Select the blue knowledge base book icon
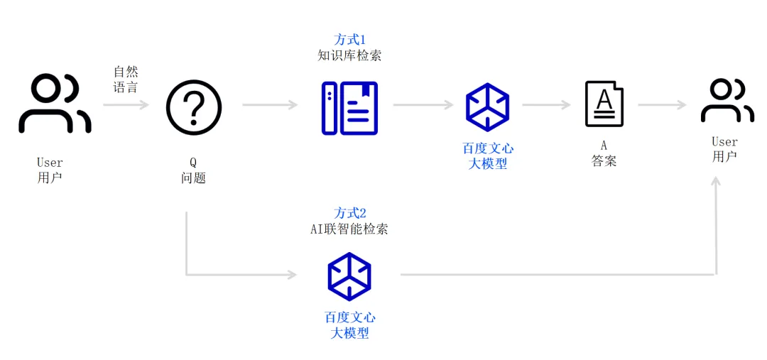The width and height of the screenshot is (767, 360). (x=349, y=108)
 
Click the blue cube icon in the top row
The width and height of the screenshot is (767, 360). (x=487, y=107)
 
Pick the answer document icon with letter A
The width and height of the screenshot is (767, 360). (x=604, y=104)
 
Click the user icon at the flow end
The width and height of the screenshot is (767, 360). (x=727, y=101)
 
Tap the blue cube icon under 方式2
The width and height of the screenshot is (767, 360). (x=349, y=276)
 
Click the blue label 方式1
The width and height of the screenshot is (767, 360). (x=349, y=40)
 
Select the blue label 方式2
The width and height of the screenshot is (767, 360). (x=349, y=213)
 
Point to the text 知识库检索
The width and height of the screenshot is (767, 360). (x=349, y=55)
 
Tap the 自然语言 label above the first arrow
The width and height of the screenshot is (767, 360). (x=126, y=80)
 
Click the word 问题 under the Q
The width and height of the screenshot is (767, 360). (x=193, y=178)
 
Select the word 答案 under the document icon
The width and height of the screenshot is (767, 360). (x=604, y=161)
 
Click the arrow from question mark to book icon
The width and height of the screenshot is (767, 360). (x=270, y=105)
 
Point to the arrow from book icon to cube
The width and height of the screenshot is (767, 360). (x=423, y=105)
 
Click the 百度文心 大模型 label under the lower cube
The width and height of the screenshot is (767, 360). (x=349, y=325)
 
